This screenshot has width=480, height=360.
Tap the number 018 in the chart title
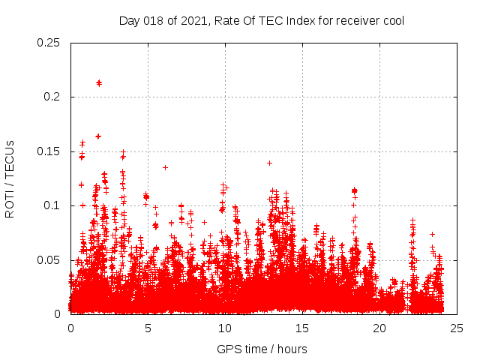point(152,20)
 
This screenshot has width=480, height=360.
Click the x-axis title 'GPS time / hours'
point(262,349)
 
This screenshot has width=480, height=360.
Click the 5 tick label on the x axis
point(148,328)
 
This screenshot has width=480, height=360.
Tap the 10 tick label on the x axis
point(225,328)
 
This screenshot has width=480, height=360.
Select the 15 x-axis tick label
point(302,328)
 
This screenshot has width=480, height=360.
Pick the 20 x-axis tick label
point(379,328)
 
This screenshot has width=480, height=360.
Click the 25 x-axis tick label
point(457,328)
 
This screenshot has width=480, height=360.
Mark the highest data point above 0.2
point(99,82)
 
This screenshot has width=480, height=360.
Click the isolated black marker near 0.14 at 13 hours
point(269,163)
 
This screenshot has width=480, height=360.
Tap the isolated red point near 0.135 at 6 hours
point(165,167)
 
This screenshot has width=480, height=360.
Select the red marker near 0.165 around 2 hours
point(98,136)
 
